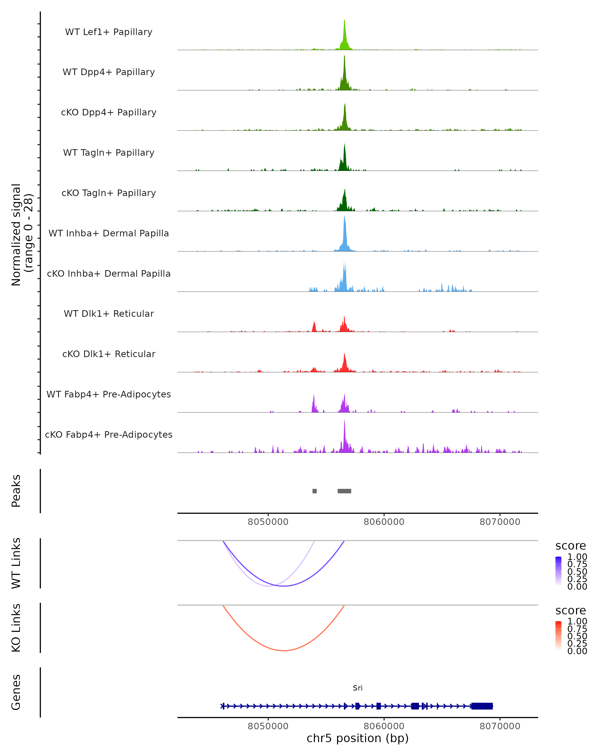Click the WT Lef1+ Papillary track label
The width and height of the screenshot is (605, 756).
coord(109,32)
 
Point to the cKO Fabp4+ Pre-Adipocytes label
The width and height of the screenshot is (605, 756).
coord(109,434)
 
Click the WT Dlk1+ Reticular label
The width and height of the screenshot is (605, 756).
coord(109,313)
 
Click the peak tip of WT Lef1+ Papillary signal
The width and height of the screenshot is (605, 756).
coord(344,21)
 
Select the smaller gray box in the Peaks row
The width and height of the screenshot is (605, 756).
coord(315,491)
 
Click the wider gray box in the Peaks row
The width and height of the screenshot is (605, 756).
coord(344,491)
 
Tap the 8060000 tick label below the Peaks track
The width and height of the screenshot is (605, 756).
coord(384,522)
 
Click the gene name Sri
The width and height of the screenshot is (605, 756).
coord(358,688)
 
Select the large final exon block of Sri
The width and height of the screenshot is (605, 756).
coord(482,706)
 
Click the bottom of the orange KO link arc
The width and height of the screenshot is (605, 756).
coord(284,650)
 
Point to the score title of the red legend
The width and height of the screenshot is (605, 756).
coord(571,611)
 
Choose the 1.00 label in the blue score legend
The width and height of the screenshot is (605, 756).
coord(577,557)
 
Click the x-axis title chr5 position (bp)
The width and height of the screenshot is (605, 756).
coord(358,738)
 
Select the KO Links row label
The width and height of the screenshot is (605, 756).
coord(16,628)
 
